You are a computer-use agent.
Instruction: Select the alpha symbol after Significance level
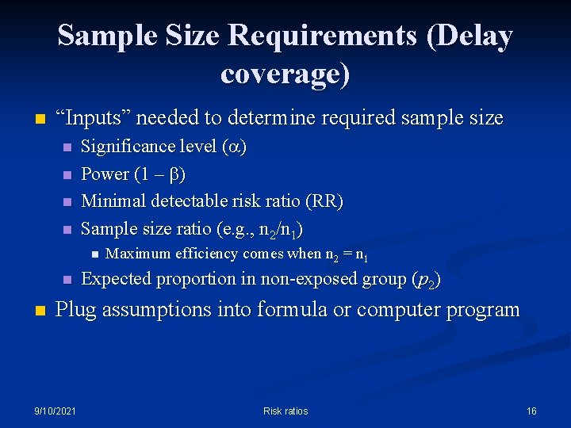point(233,147)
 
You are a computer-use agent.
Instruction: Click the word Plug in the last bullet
point(76,309)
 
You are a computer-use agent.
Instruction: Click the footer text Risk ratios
point(285,411)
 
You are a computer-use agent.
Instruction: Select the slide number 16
point(531,411)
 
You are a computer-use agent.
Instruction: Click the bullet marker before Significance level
point(67,147)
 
